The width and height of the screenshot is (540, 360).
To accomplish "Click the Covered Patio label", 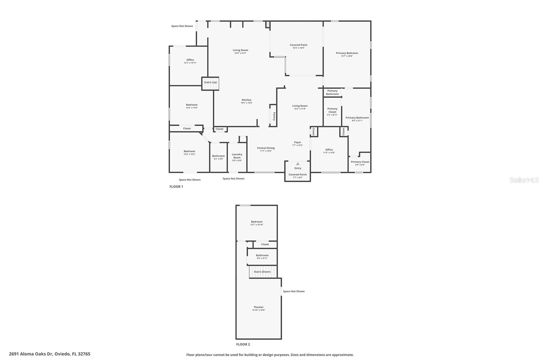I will tap(298, 45).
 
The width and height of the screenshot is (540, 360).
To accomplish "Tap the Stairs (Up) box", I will tap(211, 83).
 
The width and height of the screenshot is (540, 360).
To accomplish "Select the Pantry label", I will tap(274, 116).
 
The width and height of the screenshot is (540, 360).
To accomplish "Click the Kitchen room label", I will tap(246, 100).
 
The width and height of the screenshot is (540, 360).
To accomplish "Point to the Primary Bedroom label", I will tap(347, 53).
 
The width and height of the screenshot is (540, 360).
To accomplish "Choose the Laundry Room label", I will tap(237, 156).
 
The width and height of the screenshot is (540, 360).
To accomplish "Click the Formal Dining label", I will tap(266, 148).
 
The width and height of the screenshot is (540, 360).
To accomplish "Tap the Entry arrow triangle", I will tap(298, 164).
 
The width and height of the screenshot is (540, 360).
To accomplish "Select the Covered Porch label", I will tap(298, 175).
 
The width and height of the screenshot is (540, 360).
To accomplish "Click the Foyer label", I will tap(297, 143).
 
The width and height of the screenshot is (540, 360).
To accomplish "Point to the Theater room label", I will tap(259, 307).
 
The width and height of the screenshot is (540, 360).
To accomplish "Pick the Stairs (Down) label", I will tap(262, 272).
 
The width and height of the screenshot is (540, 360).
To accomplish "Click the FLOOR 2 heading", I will tap(243, 344).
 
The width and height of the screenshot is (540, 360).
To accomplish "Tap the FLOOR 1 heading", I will tap(176, 187).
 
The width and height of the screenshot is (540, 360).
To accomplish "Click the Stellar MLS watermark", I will tap(524, 180).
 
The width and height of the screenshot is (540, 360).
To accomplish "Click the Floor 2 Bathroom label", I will tap(262, 256).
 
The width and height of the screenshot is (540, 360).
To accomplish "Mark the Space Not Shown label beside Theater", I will tap(294, 291).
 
